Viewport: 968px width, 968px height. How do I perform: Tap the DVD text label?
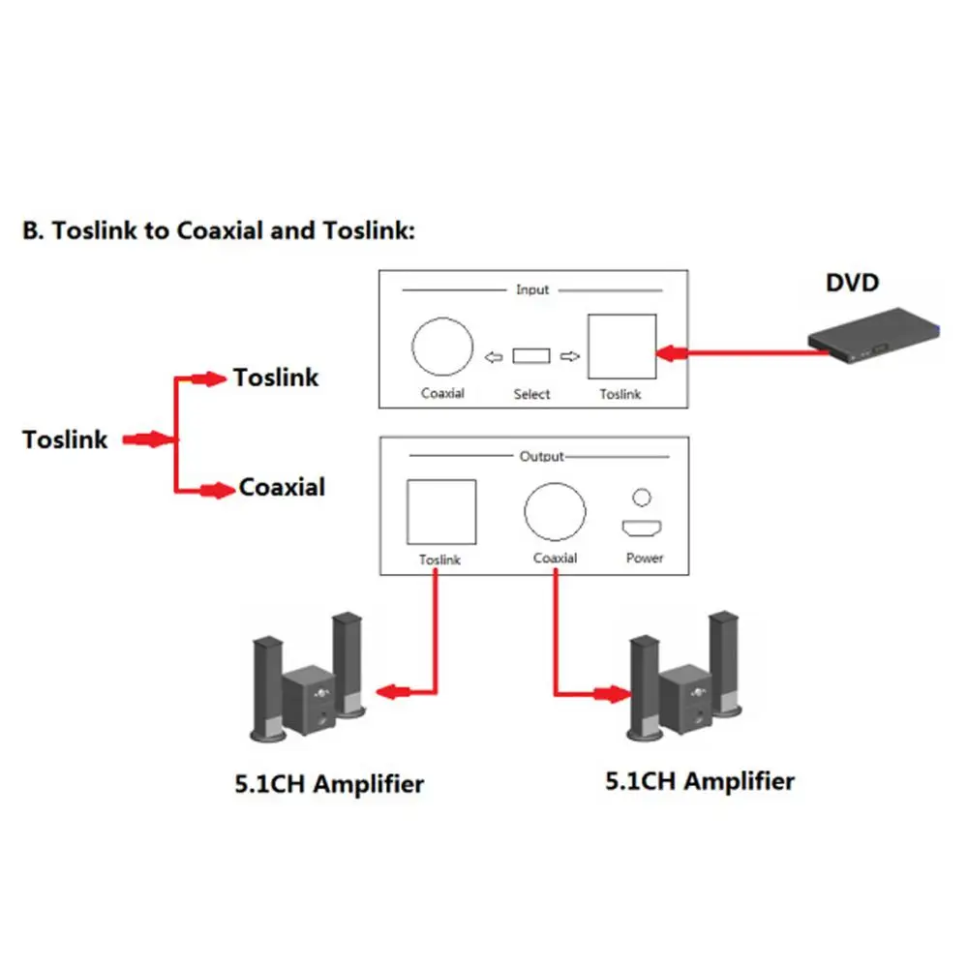click(x=852, y=283)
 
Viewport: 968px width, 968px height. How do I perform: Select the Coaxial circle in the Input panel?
click(x=442, y=348)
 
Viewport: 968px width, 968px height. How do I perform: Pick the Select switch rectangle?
click(x=530, y=356)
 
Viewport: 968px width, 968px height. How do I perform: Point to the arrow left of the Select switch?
click(x=494, y=357)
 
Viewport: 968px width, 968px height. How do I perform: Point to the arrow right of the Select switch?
click(x=569, y=356)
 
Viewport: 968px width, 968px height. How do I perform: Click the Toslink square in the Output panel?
click(x=441, y=512)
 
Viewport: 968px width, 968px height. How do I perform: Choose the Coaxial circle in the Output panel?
click(x=556, y=512)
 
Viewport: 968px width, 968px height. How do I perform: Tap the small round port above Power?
click(x=642, y=498)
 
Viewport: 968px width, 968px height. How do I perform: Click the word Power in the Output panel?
click(x=645, y=558)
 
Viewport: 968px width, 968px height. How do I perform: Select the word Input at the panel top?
click(x=532, y=289)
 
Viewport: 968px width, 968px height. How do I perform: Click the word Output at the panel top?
click(x=541, y=456)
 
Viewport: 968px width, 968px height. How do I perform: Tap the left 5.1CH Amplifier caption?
click(x=329, y=783)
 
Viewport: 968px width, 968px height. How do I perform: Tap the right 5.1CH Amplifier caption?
click(x=700, y=780)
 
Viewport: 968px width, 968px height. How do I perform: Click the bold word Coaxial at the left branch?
click(x=282, y=487)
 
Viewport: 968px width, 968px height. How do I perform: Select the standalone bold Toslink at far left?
click(x=66, y=439)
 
